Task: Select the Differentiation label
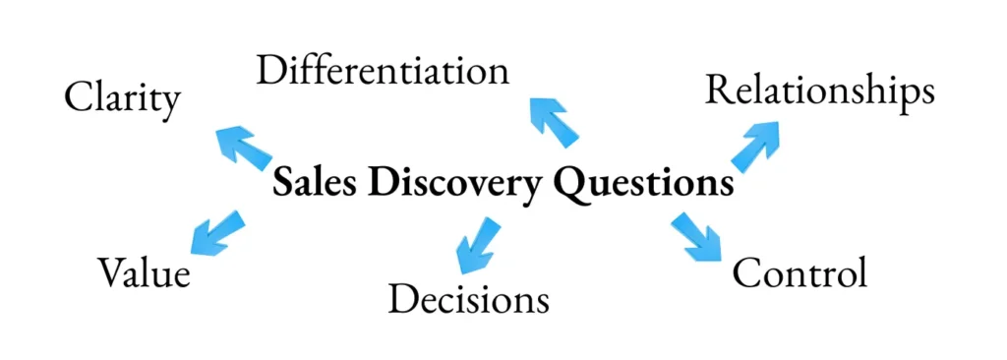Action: pos(383,70)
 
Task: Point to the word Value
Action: pos(144,272)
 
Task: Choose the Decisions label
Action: pos(469,298)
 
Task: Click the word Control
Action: pos(800,272)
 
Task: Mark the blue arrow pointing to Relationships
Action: pos(754,147)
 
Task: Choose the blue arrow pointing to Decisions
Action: pos(476,244)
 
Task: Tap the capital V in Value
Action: pos(112,272)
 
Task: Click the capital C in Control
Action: pos(747,272)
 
